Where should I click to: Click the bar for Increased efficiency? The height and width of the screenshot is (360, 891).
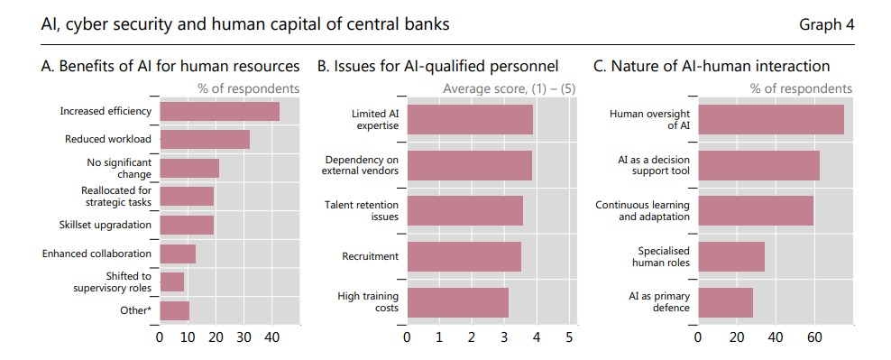click(x=219, y=111)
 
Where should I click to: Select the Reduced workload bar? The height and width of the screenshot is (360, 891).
click(x=205, y=139)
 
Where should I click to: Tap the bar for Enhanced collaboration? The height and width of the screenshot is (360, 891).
click(x=178, y=254)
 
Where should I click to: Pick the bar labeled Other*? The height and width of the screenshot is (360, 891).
click(x=174, y=310)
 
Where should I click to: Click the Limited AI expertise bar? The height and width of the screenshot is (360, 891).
click(x=470, y=119)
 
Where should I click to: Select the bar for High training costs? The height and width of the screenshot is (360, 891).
click(x=457, y=302)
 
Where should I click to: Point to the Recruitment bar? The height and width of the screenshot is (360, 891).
click(x=464, y=256)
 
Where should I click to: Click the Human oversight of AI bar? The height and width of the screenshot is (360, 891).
click(x=770, y=119)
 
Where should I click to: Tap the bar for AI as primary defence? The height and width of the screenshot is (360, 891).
click(x=725, y=302)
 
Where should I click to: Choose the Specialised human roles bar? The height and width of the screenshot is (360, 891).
click(x=731, y=256)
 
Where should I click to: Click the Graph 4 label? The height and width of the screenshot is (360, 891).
click(x=827, y=25)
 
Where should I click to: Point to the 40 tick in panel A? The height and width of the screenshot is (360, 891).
click(x=271, y=337)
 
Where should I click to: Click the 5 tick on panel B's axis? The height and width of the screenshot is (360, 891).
click(x=569, y=337)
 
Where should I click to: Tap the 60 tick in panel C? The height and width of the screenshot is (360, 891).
click(x=815, y=337)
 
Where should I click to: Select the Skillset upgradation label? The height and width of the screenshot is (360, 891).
click(x=106, y=225)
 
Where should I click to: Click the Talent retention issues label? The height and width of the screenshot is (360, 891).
click(x=362, y=210)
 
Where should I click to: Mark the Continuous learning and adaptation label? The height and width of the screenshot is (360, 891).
click(x=643, y=210)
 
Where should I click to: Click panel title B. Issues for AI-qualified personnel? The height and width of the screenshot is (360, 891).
click(x=437, y=67)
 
